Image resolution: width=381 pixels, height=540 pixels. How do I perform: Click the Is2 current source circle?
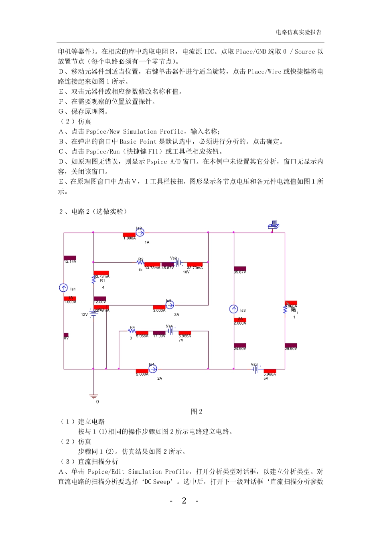pyautogui.click(x=140, y=232)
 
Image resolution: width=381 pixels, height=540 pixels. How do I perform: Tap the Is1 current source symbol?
pyautogui.click(x=63, y=288)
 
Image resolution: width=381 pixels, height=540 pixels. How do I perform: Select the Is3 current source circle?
pyautogui.click(x=234, y=309)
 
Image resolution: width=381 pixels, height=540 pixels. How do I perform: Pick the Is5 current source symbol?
pyautogui.click(x=170, y=305)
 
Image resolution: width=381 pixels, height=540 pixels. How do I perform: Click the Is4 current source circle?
pyautogui.click(x=152, y=368)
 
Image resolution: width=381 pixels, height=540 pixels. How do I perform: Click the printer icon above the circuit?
pyautogui.click(x=274, y=225)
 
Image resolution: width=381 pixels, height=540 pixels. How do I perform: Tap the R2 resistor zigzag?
pyautogui.click(x=140, y=262)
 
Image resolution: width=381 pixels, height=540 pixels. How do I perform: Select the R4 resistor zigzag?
pyautogui.click(x=132, y=331)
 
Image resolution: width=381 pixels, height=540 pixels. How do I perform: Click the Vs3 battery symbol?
pyautogui.click(x=255, y=368)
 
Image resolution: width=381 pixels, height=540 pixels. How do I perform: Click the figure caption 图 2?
pyautogui.click(x=197, y=411)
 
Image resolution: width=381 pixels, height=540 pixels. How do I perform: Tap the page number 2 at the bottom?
pyautogui.click(x=184, y=501)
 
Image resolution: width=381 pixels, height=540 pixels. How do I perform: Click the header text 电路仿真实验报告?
pyautogui.click(x=298, y=32)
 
